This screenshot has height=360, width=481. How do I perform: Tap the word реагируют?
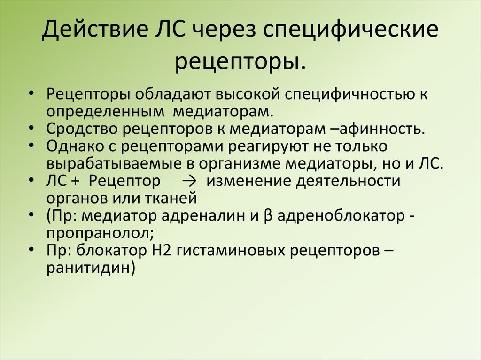280,146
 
